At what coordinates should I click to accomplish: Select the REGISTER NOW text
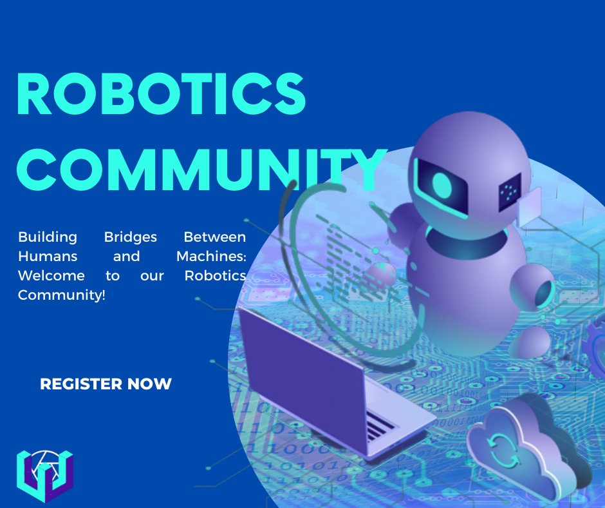click(106, 384)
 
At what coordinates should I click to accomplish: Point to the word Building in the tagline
click(48, 237)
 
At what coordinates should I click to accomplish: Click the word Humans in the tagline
click(48, 256)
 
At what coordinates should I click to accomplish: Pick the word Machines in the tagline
click(211, 256)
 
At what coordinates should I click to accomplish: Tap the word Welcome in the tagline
click(51, 276)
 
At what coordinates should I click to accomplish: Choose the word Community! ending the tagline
click(61, 295)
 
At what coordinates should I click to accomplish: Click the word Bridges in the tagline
click(131, 237)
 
